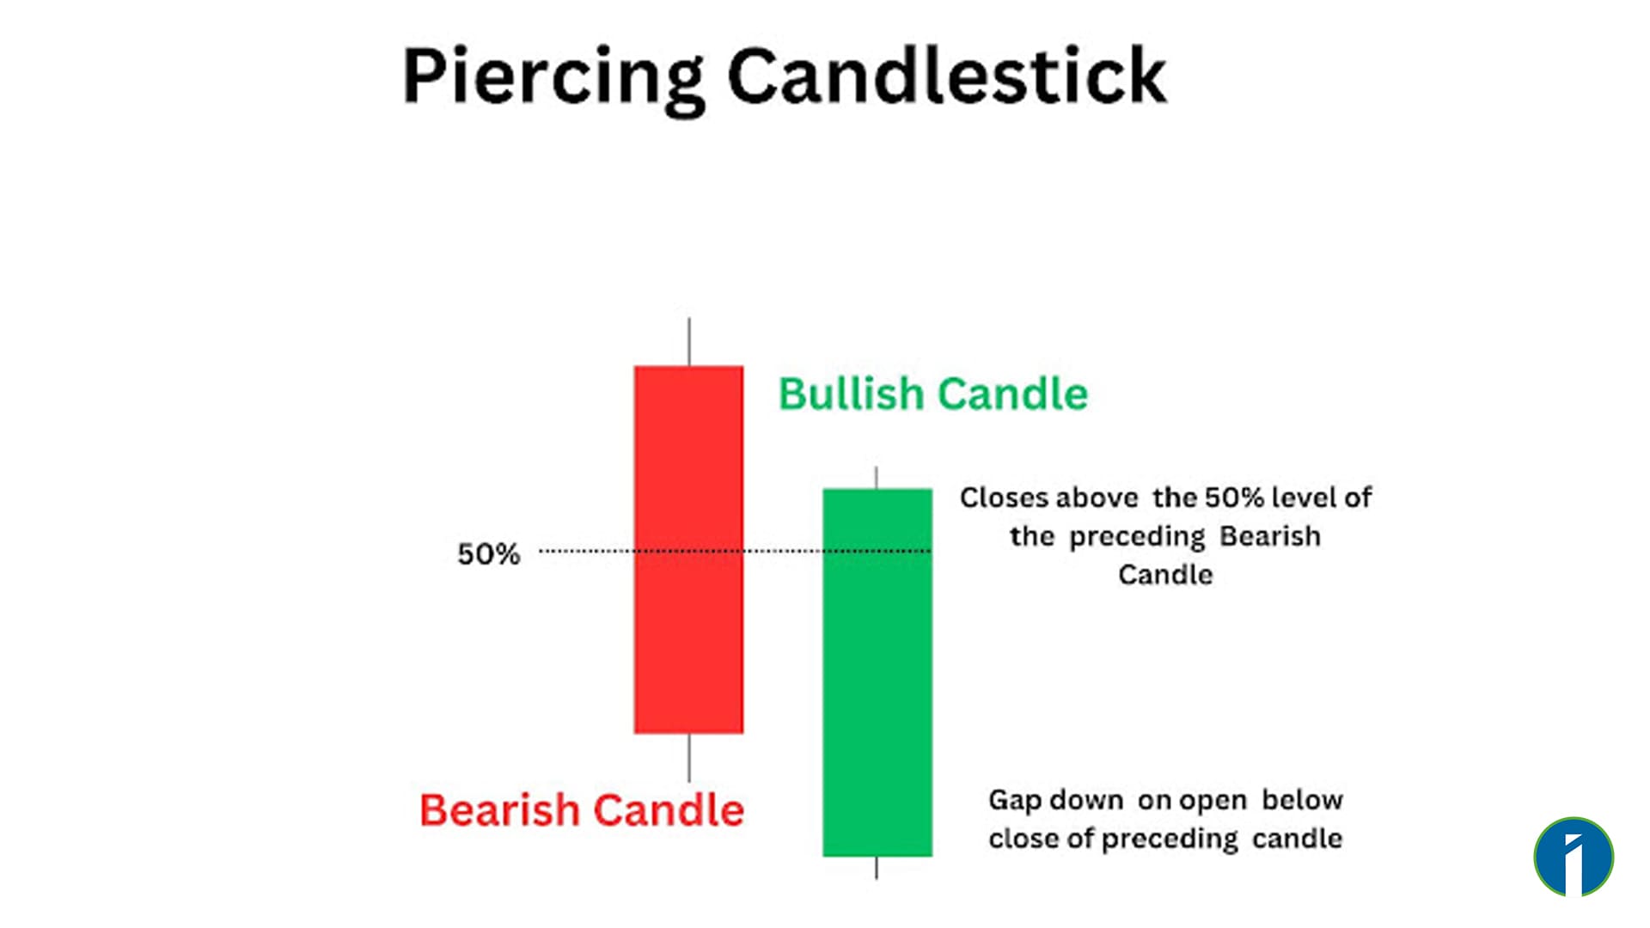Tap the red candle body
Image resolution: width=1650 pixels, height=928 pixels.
click(688, 636)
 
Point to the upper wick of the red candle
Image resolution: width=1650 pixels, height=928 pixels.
click(688, 342)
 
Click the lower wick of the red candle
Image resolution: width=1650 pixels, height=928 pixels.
click(688, 757)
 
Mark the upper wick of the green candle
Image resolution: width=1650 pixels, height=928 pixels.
click(876, 478)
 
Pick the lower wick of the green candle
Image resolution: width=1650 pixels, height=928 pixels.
click(876, 867)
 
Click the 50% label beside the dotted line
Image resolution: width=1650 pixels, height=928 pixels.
click(488, 554)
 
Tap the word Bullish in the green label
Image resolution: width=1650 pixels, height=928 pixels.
click(850, 394)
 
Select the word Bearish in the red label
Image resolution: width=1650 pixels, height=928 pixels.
click(499, 810)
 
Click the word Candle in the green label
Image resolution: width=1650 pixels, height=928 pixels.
click(1012, 394)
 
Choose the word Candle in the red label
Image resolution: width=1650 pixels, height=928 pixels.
click(669, 810)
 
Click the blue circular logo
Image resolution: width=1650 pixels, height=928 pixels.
click(1574, 857)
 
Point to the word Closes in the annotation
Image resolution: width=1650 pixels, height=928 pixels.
click(1005, 498)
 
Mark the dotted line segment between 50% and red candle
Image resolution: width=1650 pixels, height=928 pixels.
click(585, 551)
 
